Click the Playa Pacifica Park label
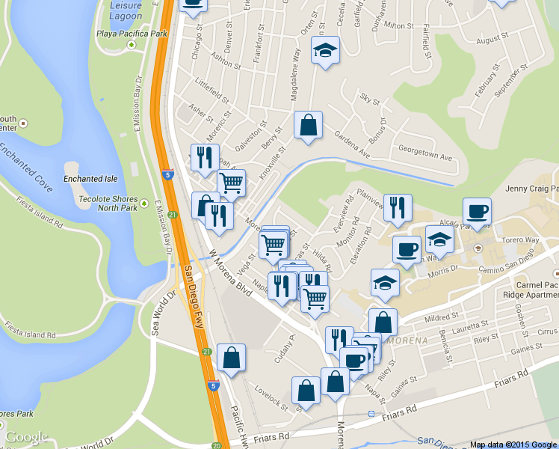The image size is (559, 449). [x=131, y=34]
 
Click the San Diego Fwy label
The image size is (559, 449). [x=196, y=291]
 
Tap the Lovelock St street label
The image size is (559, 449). [x=271, y=397]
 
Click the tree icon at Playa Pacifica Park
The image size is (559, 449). [x=132, y=45]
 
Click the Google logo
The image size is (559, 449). [x=26, y=437]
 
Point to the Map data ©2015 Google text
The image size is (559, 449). [x=513, y=445]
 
